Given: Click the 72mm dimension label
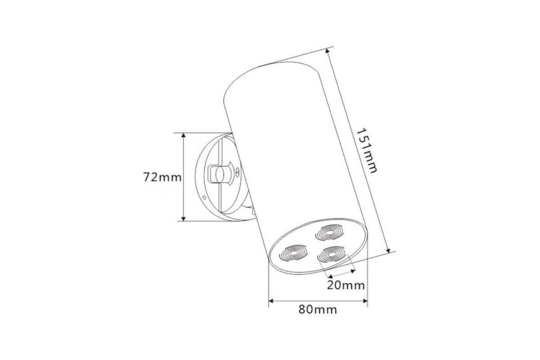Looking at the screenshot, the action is pos(162,177).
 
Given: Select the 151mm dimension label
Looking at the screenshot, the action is pos(366,151).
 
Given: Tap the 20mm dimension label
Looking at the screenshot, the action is pos(346,285).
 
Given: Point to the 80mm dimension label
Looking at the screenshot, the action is pos(318,310).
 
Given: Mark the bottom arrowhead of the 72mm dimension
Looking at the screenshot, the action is pos(184,219).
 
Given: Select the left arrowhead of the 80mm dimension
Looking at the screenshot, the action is pos(271,301).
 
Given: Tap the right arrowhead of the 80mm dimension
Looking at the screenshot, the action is pos(365,301).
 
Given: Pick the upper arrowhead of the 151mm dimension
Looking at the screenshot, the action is pos(328,51).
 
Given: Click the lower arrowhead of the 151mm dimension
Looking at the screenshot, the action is pos(388,251).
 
